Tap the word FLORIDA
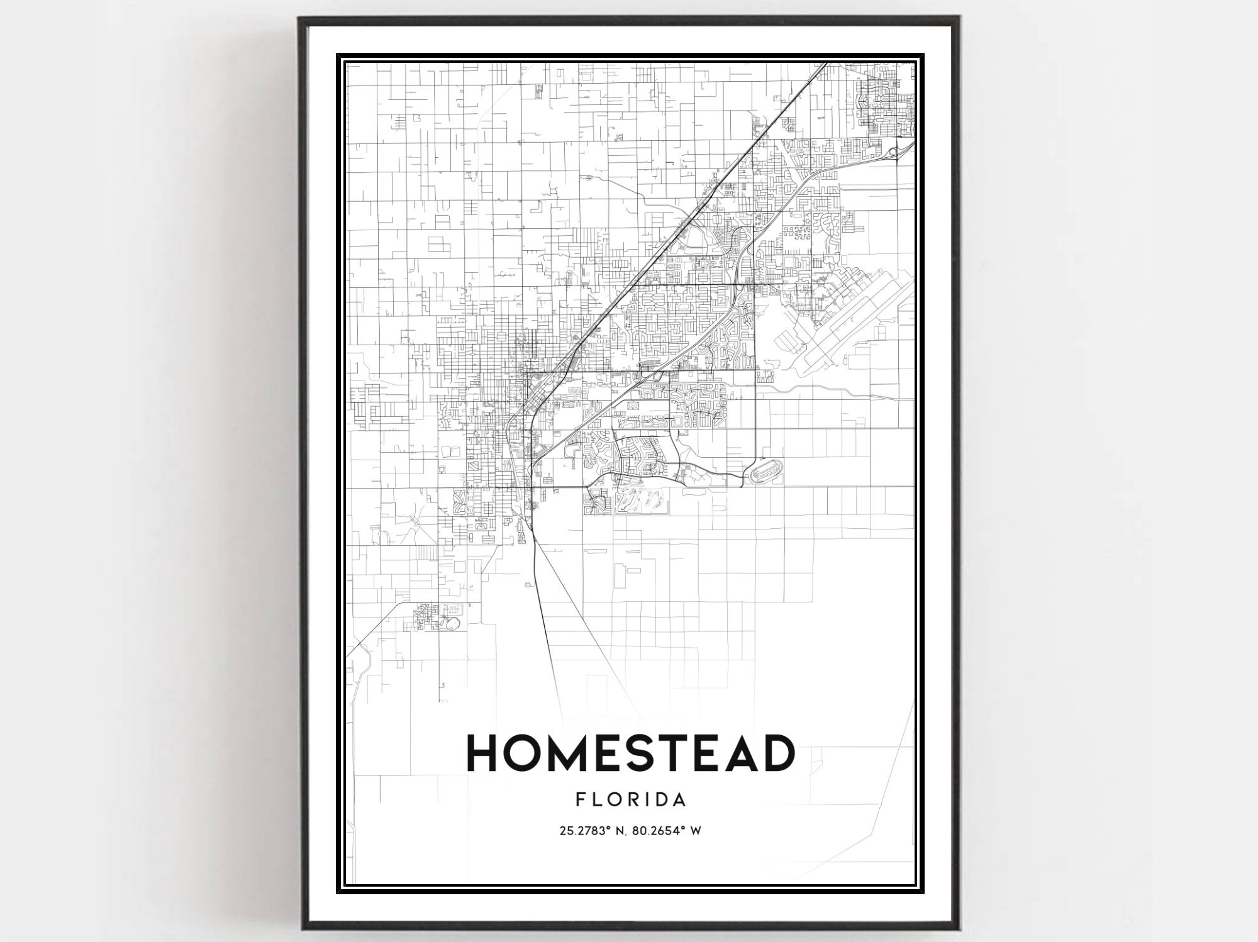630,799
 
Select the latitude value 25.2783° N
591,831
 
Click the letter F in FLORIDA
579,799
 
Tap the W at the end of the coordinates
696,831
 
